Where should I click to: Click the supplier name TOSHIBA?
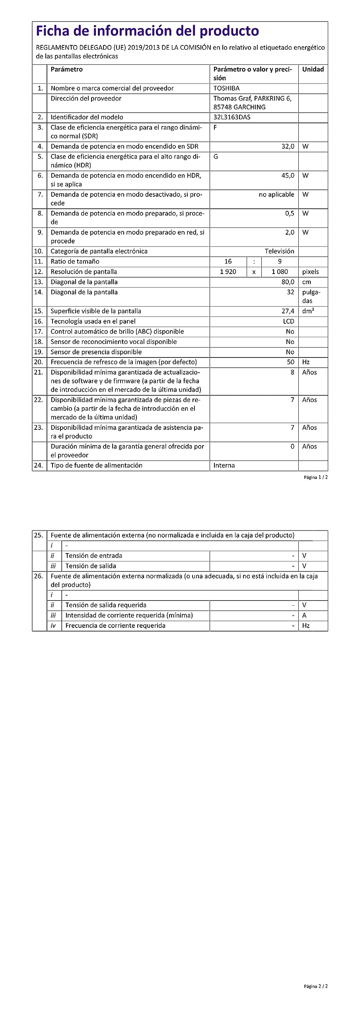(x=226, y=88)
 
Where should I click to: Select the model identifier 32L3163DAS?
(x=232, y=117)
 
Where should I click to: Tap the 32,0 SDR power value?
(x=288, y=146)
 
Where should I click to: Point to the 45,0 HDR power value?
(x=288, y=175)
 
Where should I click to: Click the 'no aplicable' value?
(x=276, y=194)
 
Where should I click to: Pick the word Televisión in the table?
(x=279, y=251)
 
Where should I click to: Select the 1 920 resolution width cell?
(x=228, y=272)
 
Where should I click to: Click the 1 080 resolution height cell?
(x=280, y=272)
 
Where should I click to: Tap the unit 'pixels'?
(x=310, y=272)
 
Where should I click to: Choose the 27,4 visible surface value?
(x=288, y=311)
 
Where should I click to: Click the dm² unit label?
(x=308, y=311)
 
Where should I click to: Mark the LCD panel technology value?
(x=288, y=321)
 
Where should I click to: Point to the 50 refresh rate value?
(x=290, y=362)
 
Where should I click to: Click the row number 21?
(x=39, y=373)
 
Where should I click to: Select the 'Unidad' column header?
(x=313, y=70)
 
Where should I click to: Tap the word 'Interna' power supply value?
(x=224, y=466)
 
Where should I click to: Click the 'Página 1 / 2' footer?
(x=316, y=477)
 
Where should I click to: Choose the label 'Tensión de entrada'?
(x=93, y=556)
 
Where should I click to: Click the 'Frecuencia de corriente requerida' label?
(x=115, y=626)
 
